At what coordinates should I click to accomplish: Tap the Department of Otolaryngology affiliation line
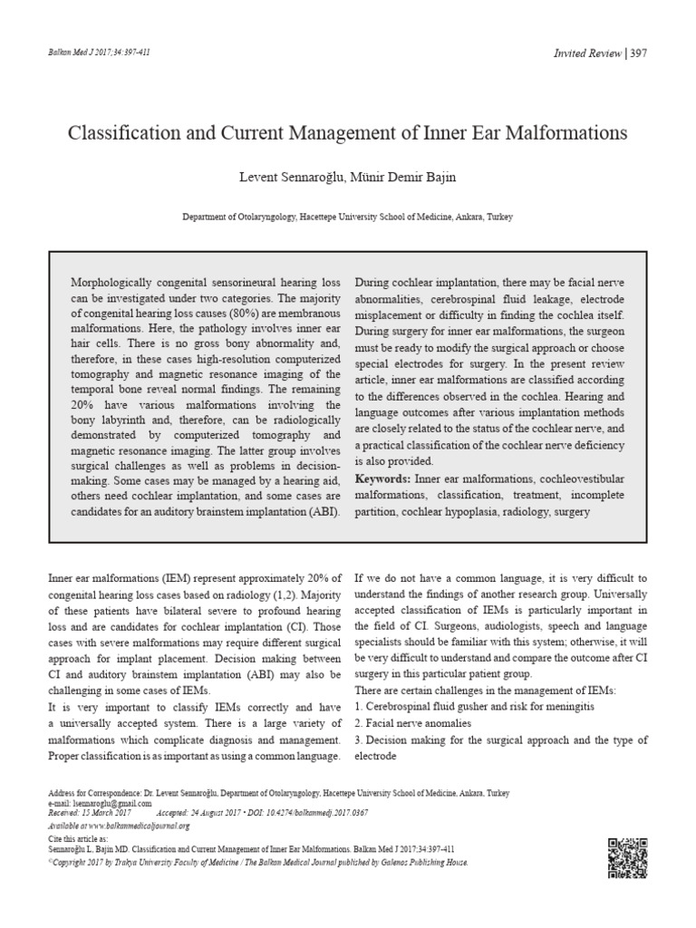[x=347, y=218]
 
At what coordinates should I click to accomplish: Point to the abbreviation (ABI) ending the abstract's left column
[x=324, y=512]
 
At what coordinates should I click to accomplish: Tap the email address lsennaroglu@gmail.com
[x=113, y=803]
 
